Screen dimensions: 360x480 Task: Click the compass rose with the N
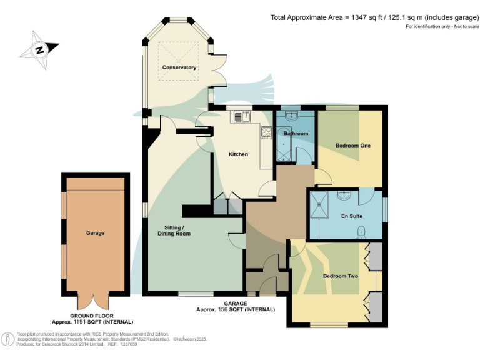click(39, 49)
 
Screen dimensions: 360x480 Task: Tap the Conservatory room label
click(179, 67)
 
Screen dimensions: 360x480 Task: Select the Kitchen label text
click(238, 154)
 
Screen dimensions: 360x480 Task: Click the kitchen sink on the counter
click(241, 116)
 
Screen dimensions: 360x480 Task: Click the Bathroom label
click(296, 133)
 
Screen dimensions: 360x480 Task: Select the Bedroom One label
click(353, 146)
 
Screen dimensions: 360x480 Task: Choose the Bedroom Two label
click(341, 276)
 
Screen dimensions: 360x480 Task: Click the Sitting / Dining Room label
click(174, 230)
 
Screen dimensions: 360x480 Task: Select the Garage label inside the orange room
click(95, 233)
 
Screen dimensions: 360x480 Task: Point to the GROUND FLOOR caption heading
click(92, 316)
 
